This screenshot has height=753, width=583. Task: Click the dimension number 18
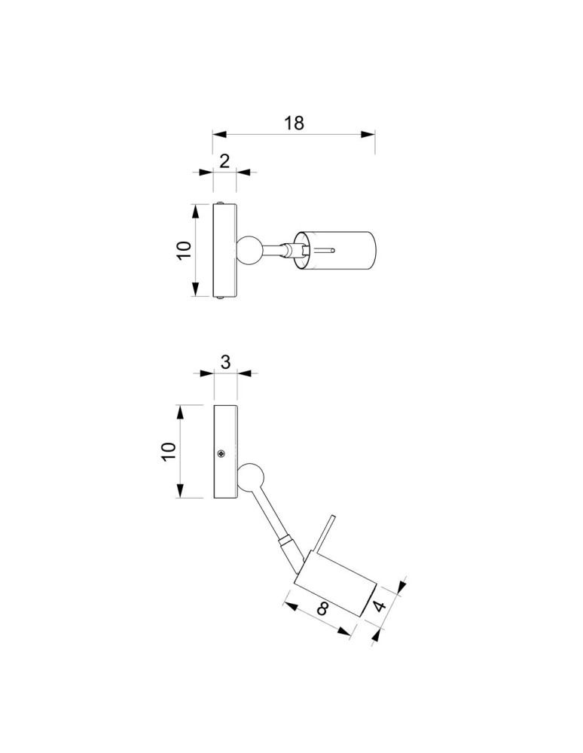[294, 123]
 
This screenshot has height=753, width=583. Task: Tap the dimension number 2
[224, 161]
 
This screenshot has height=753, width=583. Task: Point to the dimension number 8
[322, 609]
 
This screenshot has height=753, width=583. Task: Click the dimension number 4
[380, 606]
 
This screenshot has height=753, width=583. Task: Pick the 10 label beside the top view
[184, 250]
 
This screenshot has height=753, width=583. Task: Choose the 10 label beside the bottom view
[169, 452]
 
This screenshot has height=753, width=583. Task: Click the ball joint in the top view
[249, 251]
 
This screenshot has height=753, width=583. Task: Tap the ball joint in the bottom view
[250, 477]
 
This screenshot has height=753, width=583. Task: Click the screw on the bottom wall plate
[221, 453]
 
